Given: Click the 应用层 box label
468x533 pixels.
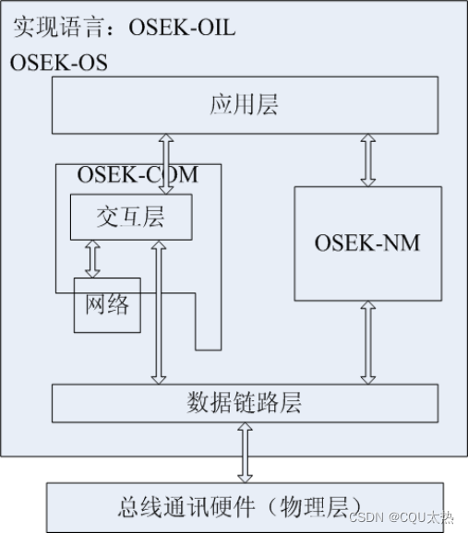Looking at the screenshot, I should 244,104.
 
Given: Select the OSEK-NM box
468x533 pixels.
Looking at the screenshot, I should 367,243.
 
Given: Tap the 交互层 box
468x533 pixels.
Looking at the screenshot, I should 130,217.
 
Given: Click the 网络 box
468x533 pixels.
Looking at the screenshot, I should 107,304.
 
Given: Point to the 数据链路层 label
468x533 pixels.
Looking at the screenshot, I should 244,403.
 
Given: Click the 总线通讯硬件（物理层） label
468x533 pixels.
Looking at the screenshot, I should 244,506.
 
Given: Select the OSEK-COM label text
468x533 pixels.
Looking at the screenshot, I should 137,173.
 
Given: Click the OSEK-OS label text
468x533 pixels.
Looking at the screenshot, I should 58,63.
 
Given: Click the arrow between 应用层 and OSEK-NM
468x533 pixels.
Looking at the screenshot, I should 368,160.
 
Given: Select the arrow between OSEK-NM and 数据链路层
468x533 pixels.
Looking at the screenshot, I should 368,341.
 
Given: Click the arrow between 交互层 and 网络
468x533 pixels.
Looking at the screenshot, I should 91,258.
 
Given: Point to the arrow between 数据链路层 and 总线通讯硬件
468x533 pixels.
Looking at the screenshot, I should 245,452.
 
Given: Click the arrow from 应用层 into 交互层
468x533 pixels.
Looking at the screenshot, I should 166,163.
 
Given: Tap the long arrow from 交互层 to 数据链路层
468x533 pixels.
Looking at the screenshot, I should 159,312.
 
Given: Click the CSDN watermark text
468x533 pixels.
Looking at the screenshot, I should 366,517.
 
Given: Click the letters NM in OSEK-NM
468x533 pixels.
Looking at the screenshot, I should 400,243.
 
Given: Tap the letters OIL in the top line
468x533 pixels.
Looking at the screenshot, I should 215,28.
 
